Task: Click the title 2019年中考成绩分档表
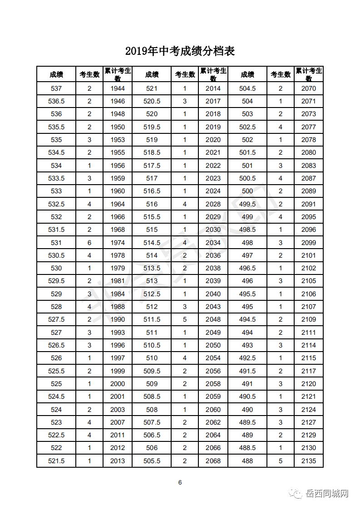[180, 51]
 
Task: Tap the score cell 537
[56, 88]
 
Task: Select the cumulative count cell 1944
[118, 88]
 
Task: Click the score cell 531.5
[56, 230]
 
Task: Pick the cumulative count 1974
[118, 243]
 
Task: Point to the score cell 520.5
[152, 101]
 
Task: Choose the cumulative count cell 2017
[213, 101]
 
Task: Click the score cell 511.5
[152, 319]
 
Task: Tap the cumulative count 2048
[213, 319]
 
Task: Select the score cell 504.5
[247, 88]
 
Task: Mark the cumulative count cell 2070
[309, 88]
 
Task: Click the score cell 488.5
[247, 448]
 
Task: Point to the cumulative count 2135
[309, 461]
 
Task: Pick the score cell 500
[247, 191]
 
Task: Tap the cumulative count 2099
[309, 243]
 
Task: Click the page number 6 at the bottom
[180, 482]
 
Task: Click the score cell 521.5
[56, 461]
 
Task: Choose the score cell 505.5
[152, 461]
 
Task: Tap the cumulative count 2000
[118, 384]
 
